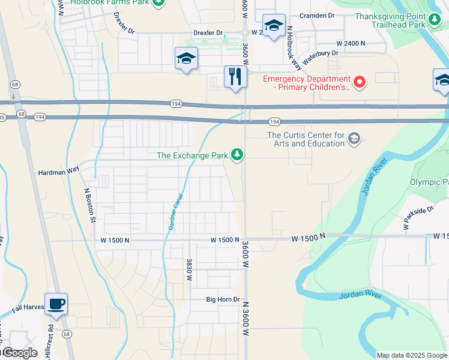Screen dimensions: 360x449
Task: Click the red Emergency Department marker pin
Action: [x=360, y=83]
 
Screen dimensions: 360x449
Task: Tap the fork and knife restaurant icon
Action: [x=235, y=76]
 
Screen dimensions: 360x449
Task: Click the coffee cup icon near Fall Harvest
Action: [x=56, y=304]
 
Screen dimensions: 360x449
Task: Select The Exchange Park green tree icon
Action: [x=238, y=155]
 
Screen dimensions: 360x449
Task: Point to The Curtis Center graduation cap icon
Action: [x=354, y=139]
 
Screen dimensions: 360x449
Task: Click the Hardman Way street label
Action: [x=59, y=170]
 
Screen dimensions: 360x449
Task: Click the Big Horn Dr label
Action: [x=223, y=299]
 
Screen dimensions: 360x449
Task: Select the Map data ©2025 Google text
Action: [x=411, y=355]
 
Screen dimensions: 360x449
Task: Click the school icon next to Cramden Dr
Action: [x=274, y=26]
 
